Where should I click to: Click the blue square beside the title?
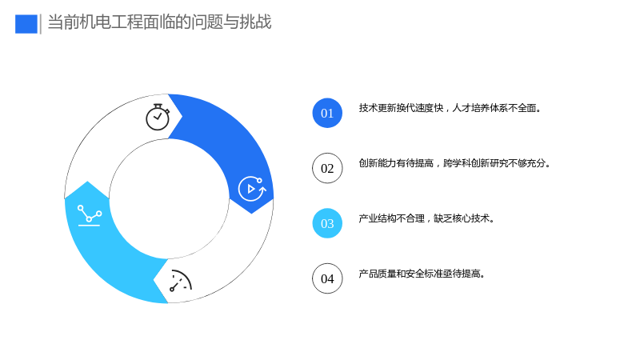click(x=26, y=24)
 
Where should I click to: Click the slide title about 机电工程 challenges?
click(x=159, y=22)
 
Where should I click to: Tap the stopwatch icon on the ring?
click(x=158, y=117)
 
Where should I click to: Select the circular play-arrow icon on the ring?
click(x=252, y=189)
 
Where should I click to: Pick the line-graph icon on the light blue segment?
click(x=90, y=215)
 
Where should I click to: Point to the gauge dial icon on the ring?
click(x=181, y=281)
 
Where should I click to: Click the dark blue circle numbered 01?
click(x=327, y=113)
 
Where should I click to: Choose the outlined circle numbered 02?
click(x=327, y=168)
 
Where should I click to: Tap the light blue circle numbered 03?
click(x=327, y=223)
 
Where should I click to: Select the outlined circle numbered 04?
click(x=327, y=278)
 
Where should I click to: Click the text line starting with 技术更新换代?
click(x=450, y=108)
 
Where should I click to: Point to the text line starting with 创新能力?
click(x=454, y=163)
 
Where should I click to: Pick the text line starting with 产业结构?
click(x=427, y=218)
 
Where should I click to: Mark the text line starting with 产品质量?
click(x=422, y=274)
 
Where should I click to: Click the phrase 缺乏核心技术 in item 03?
click(x=462, y=218)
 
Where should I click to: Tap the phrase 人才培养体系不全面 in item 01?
click(x=494, y=108)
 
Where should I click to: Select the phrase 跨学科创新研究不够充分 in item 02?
click(x=494, y=163)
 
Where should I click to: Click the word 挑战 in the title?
click(x=255, y=22)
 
